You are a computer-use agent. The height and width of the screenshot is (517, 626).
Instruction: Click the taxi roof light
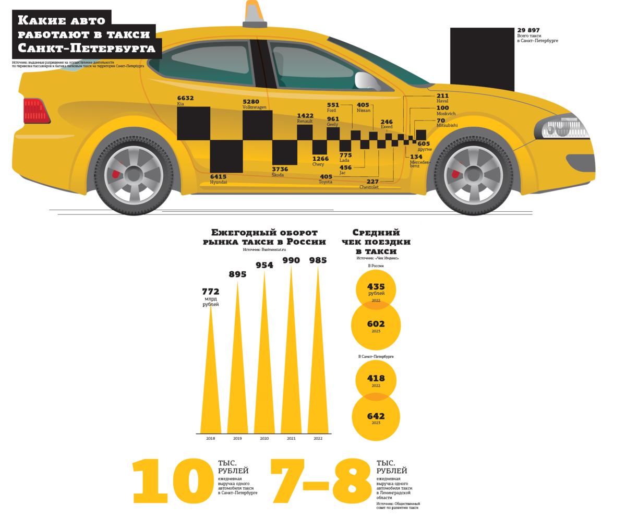tap(255, 15)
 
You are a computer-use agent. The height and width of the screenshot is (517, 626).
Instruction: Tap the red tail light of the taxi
tap(36, 111)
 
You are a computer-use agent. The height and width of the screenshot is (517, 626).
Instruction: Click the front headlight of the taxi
tap(564, 127)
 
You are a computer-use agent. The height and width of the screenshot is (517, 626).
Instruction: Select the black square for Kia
tap(194, 123)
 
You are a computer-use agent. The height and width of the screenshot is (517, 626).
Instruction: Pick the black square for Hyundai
tap(226, 156)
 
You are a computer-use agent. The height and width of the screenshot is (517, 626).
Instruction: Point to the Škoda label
tap(278, 175)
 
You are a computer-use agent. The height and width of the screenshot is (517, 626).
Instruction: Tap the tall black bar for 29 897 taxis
tap(482, 59)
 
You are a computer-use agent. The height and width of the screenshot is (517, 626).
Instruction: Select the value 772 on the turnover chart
tap(211, 292)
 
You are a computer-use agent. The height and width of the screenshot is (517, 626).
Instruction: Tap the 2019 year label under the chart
tap(237, 439)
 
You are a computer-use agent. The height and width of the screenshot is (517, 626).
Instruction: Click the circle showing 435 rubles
tap(376, 288)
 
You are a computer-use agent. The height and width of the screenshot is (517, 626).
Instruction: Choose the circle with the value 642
tap(376, 417)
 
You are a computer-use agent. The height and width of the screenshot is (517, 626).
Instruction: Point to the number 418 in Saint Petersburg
tap(376, 379)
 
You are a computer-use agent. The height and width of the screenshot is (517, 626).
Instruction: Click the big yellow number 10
tap(166, 483)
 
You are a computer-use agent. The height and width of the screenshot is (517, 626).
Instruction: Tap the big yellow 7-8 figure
tap(321, 483)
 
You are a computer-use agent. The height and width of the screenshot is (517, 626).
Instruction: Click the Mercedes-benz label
tap(420, 164)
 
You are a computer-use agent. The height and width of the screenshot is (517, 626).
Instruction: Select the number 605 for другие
tap(424, 143)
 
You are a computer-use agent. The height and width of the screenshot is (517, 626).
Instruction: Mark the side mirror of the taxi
tap(366, 80)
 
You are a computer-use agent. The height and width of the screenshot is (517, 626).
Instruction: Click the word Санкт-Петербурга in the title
tap(87, 49)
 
